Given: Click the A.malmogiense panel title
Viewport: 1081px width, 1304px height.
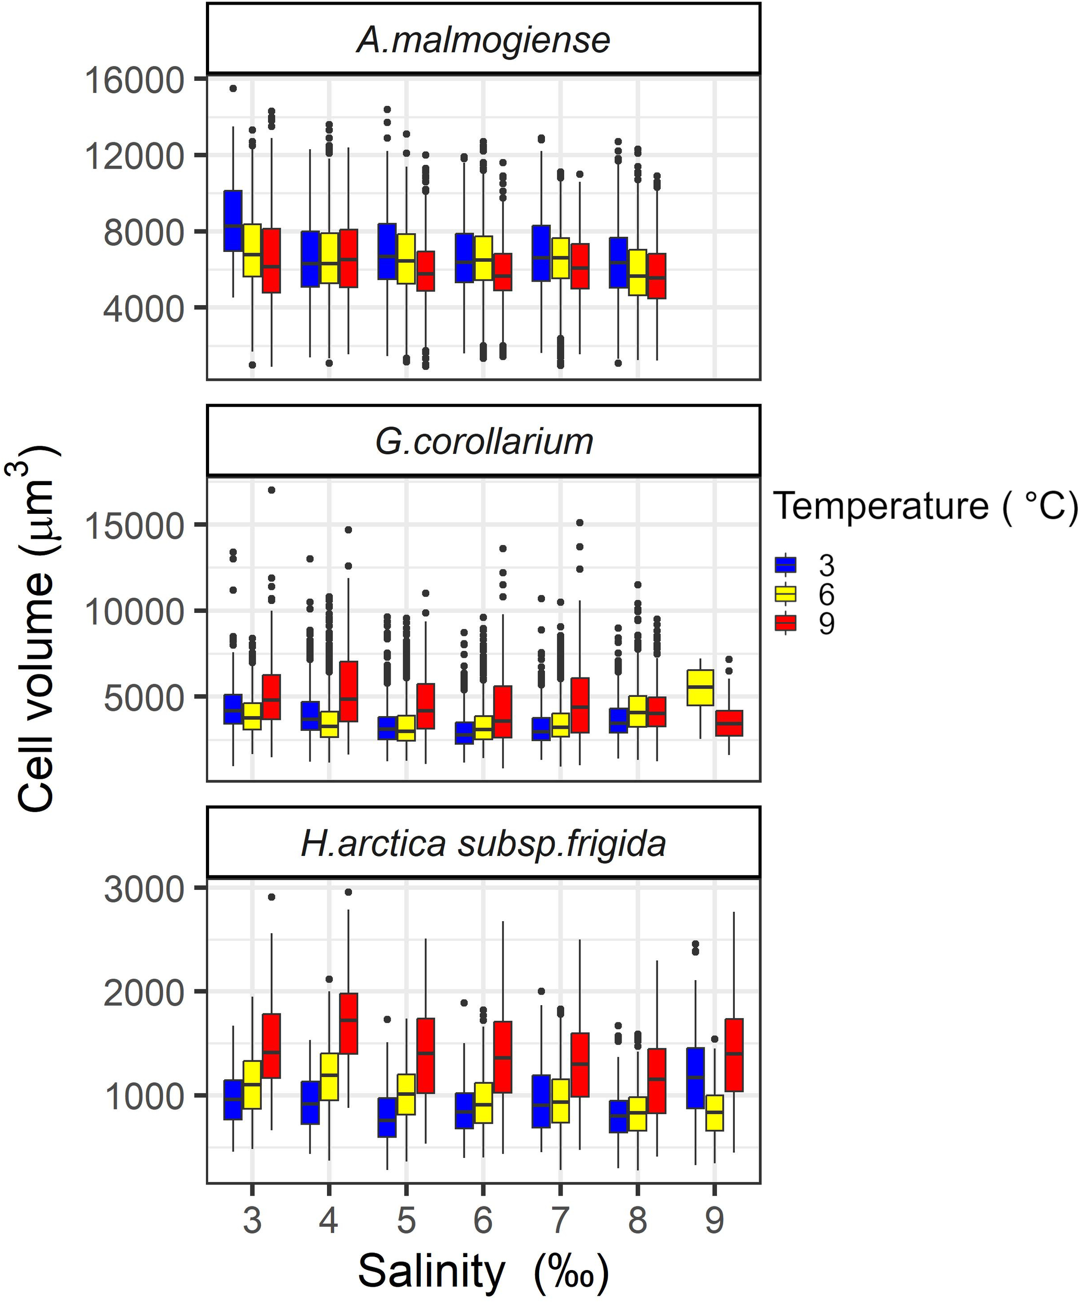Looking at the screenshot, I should (483, 40).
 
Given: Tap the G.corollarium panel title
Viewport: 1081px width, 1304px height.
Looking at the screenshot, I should (483, 441).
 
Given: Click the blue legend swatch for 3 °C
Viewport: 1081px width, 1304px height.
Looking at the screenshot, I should (785, 565).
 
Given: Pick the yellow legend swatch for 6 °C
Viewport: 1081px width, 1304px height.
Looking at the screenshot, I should (785, 594).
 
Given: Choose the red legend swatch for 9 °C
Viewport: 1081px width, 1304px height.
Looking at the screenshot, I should (785, 623).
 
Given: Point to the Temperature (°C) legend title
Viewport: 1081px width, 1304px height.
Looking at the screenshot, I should (925, 505).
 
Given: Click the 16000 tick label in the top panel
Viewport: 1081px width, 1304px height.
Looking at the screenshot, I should (134, 81).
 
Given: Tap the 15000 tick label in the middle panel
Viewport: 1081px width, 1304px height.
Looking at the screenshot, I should (134, 526).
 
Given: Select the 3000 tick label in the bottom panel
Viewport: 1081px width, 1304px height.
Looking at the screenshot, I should (144, 889).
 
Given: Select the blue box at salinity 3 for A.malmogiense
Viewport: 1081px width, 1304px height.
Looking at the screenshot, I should (233, 221).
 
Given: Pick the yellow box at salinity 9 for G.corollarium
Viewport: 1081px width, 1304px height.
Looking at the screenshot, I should (700, 687).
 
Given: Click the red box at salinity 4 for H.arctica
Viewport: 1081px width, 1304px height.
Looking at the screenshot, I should (348, 1023).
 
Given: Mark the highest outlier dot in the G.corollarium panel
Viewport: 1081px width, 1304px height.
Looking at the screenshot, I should (271, 490).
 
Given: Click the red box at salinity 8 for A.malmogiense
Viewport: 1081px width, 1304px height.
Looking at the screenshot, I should (657, 276).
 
